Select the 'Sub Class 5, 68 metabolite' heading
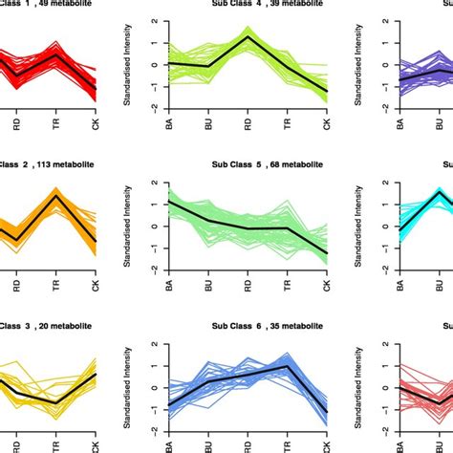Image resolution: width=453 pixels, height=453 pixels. pyautogui.click(x=267, y=164)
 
